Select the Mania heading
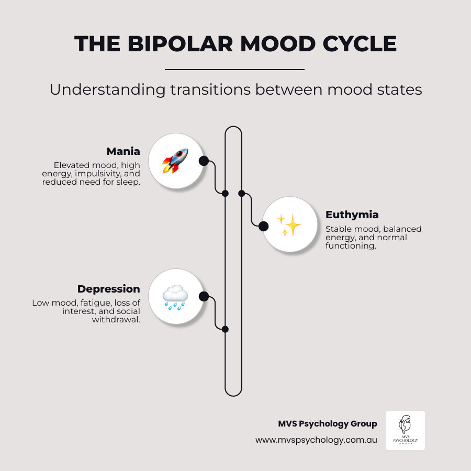[x=123, y=151]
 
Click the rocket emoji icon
[x=175, y=161]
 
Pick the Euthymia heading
[x=352, y=215]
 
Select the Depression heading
[x=108, y=289]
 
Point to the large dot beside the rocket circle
[x=204, y=161]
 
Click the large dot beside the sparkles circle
[x=263, y=226]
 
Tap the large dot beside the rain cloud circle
[x=204, y=297]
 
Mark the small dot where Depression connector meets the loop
[x=225, y=329]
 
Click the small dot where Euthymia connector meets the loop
[x=241, y=193]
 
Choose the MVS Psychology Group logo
[x=405, y=430]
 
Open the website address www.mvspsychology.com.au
[x=316, y=440]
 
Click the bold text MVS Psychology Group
[x=327, y=424]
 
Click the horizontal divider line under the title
[x=234, y=69]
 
